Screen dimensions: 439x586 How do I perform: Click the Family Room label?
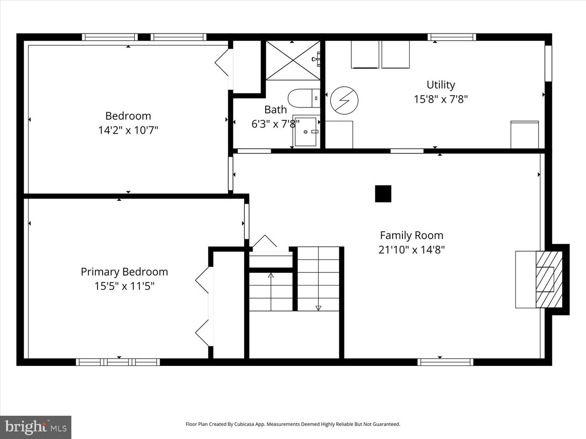[411, 235]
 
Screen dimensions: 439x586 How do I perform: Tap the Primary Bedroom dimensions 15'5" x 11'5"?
[124, 286]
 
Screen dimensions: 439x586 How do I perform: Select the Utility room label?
[441, 85]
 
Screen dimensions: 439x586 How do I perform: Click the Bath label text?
[276, 110]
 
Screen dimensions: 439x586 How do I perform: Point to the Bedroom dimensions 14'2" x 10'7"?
[128, 130]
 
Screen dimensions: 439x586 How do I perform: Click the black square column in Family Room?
[383, 194]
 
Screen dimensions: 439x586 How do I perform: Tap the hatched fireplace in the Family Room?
[549, 279]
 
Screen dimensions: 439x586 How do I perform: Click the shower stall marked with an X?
[293, 60]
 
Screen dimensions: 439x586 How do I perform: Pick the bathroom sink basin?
[306, 132]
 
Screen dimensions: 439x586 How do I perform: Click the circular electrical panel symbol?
[344, 100]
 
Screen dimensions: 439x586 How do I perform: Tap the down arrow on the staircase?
[318, 308]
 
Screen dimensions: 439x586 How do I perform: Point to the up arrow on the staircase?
[271, 276]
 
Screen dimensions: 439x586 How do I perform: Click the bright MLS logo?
[36, 427]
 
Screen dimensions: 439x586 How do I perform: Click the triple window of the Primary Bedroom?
[118, 362]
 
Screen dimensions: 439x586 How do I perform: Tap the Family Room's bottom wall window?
[445, 362]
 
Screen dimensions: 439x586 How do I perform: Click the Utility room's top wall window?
[452, 37]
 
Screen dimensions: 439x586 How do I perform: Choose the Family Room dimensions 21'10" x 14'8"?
[411, 250]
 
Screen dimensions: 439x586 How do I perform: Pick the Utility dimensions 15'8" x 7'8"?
[441, 100]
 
